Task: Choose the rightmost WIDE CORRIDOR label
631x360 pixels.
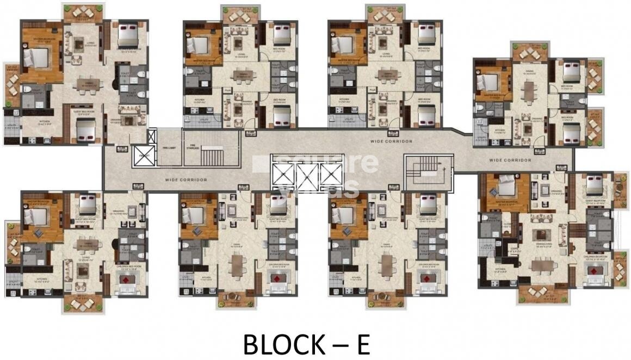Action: coord(510,160)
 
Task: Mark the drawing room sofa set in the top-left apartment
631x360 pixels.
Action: coord(129,120)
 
